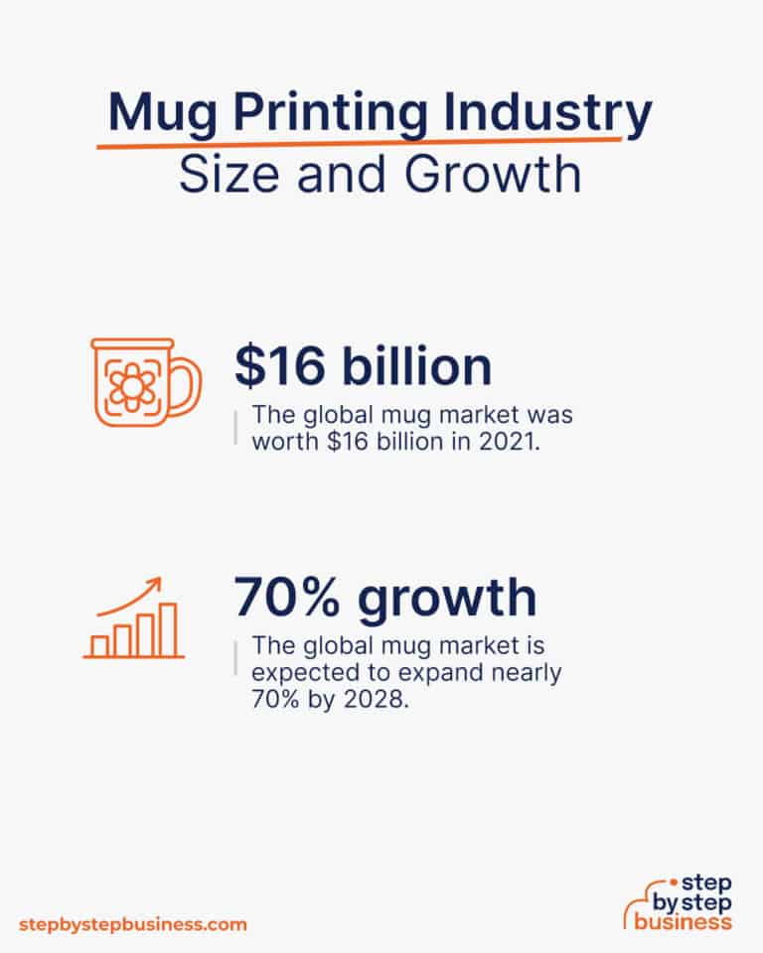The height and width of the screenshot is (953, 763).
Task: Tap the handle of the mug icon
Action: coord(187,381)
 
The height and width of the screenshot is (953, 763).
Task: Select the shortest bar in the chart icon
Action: coord(99,645)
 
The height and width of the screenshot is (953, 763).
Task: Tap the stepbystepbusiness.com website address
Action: coord(131,924)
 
